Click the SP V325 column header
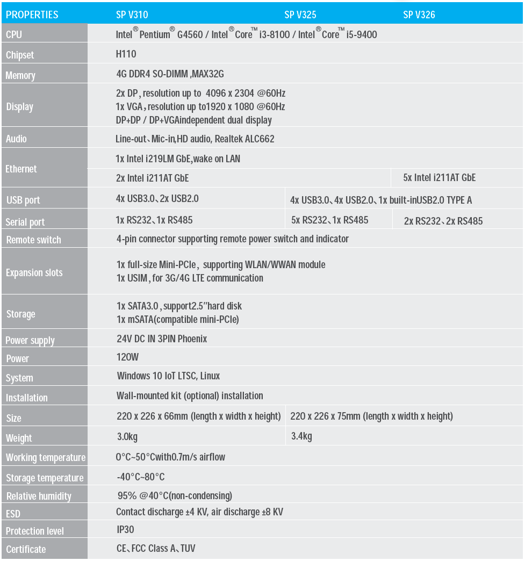point(300,15)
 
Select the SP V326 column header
point(419,15)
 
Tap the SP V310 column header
point(132,15)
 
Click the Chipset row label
point(20,55)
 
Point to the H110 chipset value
point(126,54)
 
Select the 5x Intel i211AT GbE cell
point(440,177)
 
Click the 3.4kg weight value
point(301,436)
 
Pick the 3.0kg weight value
point(127,436)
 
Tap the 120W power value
point(127,357)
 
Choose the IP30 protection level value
point(125,529)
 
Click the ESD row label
point(13,514)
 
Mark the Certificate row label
point(26,549)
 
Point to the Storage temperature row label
point(45,478)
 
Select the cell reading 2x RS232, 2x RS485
point(443,221)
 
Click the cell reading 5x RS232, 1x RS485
point(329,220)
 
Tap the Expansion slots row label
point(34,272)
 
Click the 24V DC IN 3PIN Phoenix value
point(162,339)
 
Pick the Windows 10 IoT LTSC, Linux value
point(168,376)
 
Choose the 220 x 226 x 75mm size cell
point(371,416)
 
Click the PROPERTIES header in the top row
point(32,15)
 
